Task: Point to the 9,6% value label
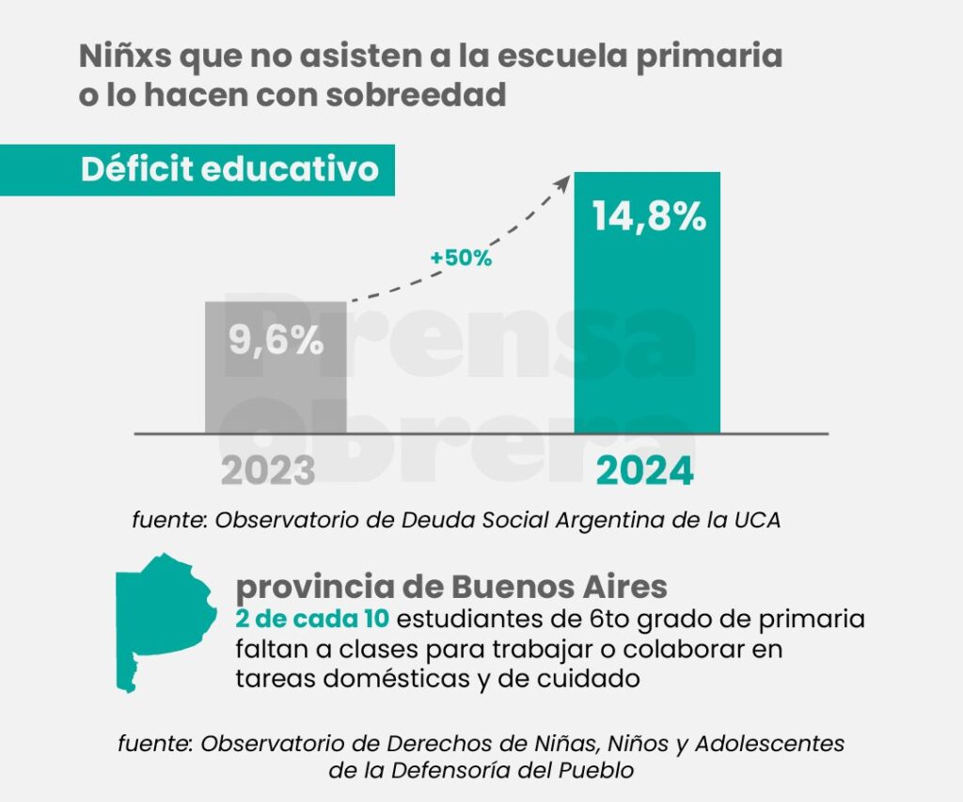click(x=276, y=339)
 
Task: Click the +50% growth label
click(x=461, y=258)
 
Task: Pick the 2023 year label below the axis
click(x=268, y=471)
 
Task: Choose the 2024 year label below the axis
click(x=645, y=471)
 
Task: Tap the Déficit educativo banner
click(x=229, y=169)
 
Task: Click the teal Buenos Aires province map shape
click(x=155, y=616)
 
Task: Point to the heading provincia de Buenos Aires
click(x=451, y=588)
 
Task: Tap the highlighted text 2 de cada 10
click(x=311, y=620)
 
